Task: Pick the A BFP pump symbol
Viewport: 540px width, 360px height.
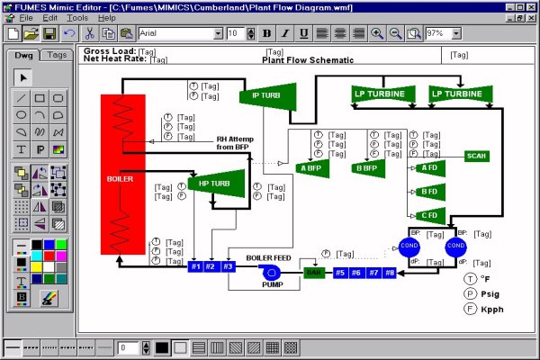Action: pos(311,167)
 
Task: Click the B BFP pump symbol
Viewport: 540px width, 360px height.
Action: pos(365,167)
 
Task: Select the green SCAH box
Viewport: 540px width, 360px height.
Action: pos(477,156)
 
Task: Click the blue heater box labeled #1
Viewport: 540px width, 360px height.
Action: pos(196,266)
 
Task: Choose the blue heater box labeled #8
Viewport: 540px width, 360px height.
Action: pos(390,272)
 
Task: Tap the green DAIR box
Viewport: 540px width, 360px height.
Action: pos(314,272)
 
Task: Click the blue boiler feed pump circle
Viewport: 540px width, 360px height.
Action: pos(272,271)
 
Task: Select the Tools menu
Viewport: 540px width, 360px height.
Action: pos(77,17)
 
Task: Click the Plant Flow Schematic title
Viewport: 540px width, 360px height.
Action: pos(301,61)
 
